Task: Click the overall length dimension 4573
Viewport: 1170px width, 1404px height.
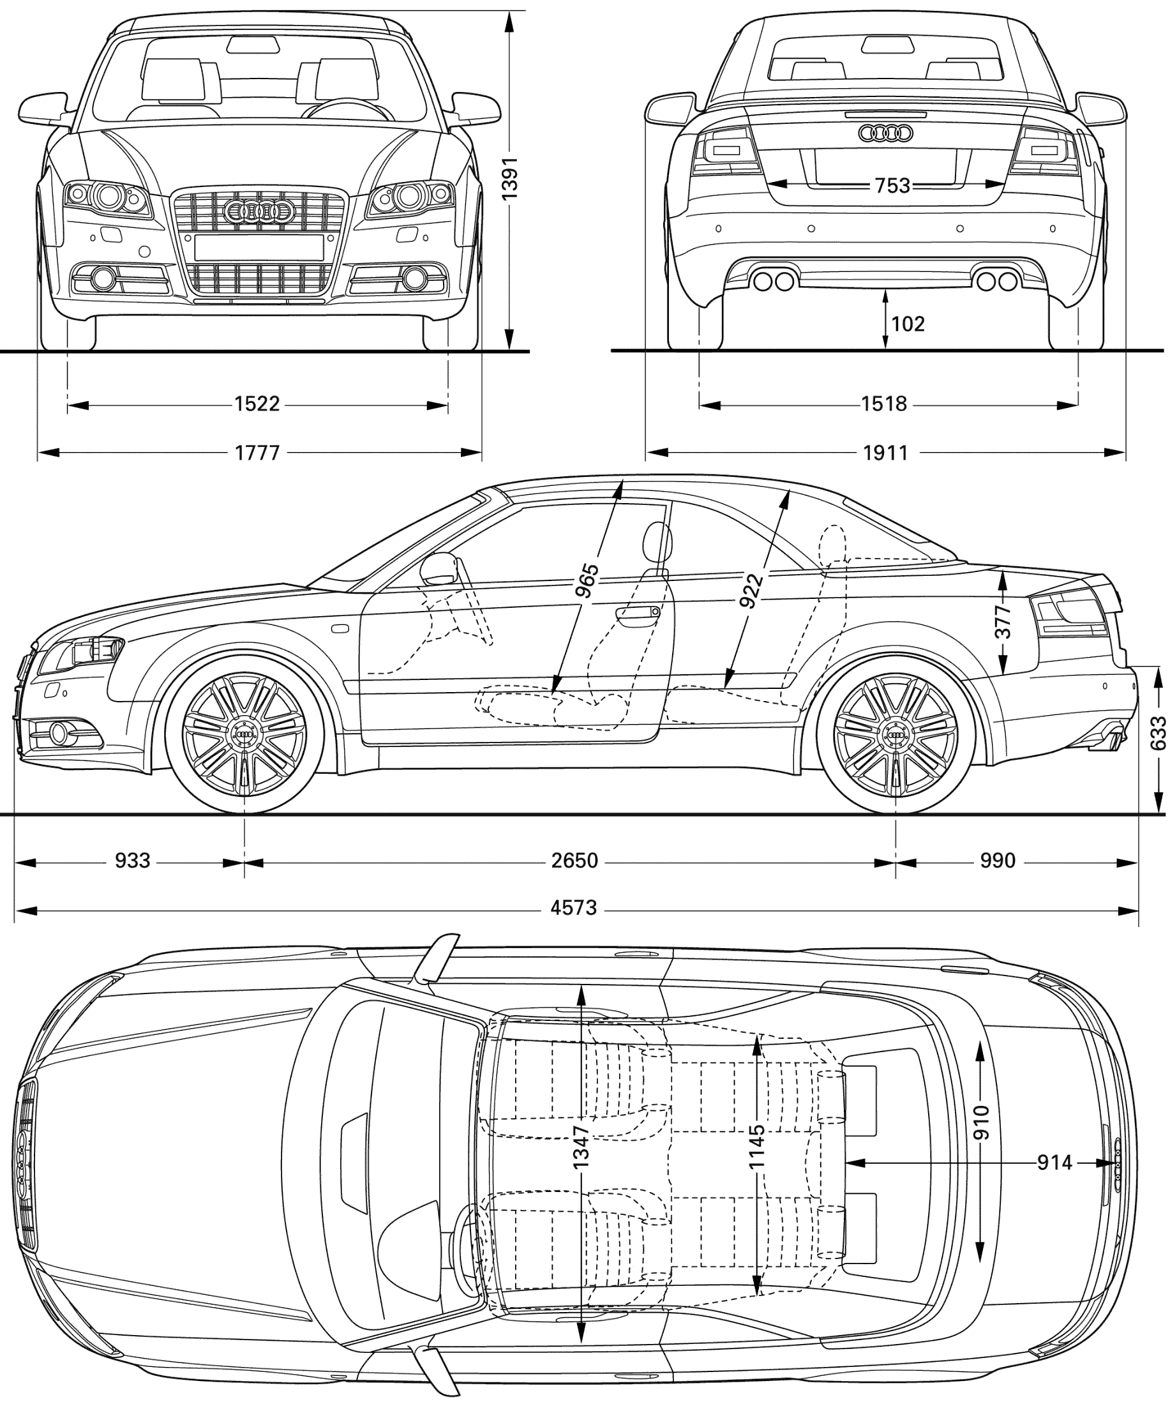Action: (574, 908)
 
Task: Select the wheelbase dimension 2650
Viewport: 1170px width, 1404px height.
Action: (574, 861)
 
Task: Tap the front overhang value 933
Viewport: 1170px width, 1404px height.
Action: (132, 861)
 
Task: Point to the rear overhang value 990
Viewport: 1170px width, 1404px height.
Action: (998, 861)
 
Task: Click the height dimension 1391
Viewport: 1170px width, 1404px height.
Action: (510, 179)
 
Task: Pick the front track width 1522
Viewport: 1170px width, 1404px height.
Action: (257, 404)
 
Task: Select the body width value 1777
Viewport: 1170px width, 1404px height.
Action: (257, 453)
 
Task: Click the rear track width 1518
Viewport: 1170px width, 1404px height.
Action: (884, 404)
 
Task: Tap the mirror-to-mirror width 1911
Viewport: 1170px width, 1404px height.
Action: (885, 453)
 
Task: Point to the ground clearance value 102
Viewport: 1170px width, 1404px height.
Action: (908, 324)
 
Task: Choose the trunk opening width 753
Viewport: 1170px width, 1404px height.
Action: (892, 185)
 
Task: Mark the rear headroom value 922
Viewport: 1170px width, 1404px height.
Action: (751, 591)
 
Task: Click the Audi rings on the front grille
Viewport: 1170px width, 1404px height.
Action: (259, 211)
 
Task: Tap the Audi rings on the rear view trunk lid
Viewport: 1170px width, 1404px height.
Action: (885, 133)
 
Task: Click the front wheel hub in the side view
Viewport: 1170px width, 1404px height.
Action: (244, 735)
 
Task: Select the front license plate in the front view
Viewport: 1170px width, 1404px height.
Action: (259, 246)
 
